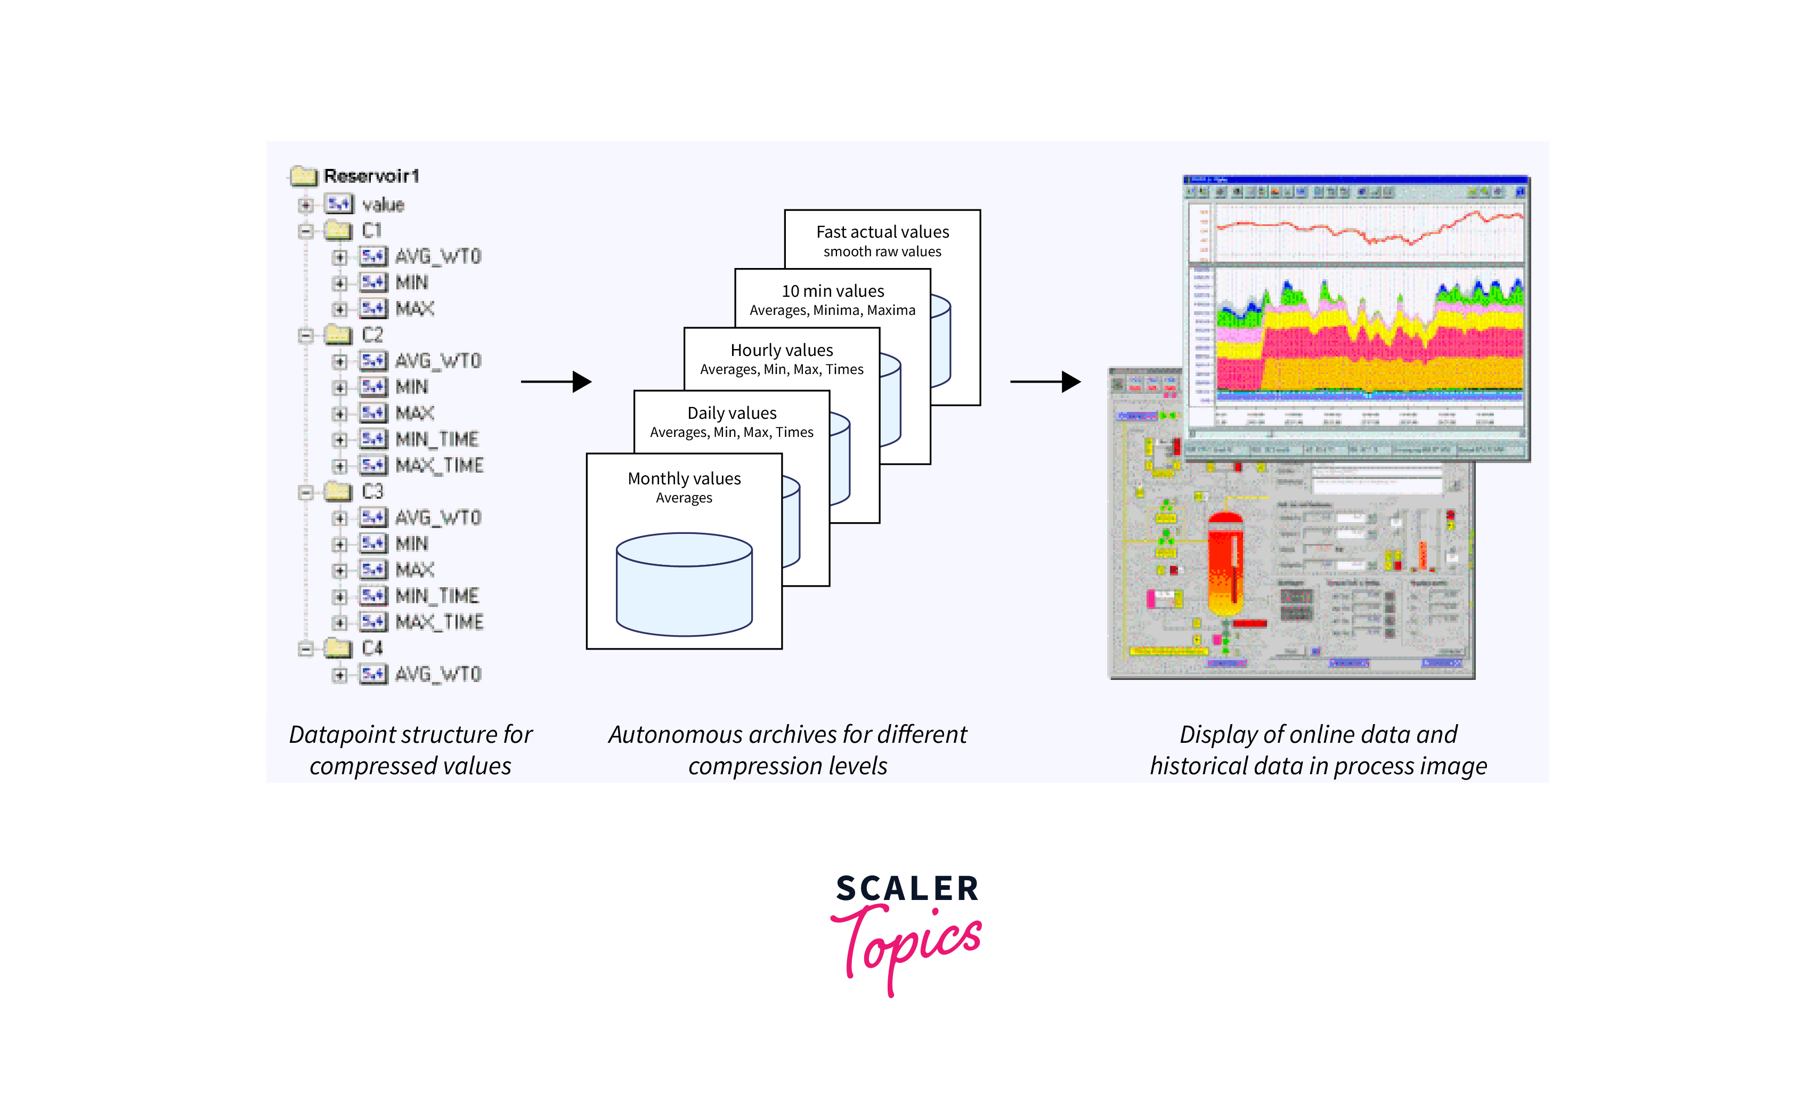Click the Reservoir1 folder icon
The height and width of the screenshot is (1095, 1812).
304,176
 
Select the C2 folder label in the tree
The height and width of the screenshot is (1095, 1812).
372,335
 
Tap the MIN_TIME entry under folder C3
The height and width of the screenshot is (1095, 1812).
437,596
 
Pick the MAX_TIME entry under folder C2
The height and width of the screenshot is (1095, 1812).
439,466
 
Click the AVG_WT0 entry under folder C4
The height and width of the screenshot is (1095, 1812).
437,675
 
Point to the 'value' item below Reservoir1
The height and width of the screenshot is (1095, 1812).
383,205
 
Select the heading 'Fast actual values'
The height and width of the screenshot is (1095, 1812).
882,232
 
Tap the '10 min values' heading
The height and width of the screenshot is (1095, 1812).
832,291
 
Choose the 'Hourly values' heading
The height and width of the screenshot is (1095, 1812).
782,350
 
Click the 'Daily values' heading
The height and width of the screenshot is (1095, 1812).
732,413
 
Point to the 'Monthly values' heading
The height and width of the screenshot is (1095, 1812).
684,478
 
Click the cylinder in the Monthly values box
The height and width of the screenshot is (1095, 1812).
684,585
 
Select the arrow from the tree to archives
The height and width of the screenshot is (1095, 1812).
556,382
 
